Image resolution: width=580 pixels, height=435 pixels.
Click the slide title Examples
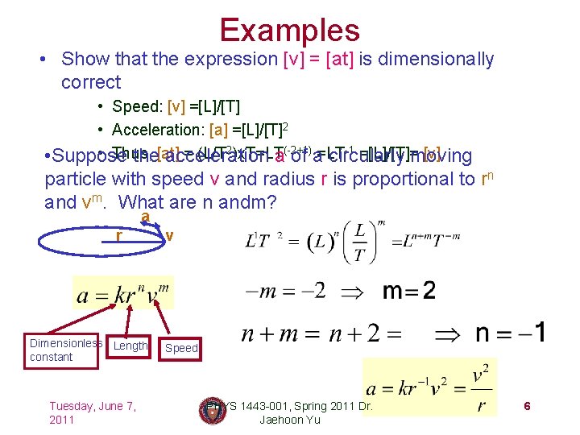coord(289,30)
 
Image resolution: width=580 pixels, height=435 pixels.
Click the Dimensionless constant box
coord(65,350)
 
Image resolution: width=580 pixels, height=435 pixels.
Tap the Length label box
coord(130,346)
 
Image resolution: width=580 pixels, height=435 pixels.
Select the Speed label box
coord(181,348)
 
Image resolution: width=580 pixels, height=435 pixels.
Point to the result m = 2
coord(408,290)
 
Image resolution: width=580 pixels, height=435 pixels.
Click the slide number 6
coord(527,406)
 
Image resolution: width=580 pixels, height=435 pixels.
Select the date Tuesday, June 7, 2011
coord(93,412)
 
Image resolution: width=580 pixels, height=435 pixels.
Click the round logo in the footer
coord(211,410)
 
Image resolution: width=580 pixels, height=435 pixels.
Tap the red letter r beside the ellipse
coord(118,237)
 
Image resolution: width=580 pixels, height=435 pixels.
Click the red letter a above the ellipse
coord(144,217)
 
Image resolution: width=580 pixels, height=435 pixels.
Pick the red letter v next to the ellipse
coord(169,236)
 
